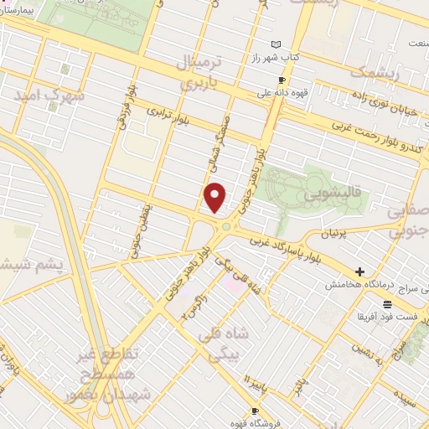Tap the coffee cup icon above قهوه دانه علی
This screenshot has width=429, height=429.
[282, 80]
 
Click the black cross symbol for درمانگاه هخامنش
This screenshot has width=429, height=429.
[359, 271]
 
